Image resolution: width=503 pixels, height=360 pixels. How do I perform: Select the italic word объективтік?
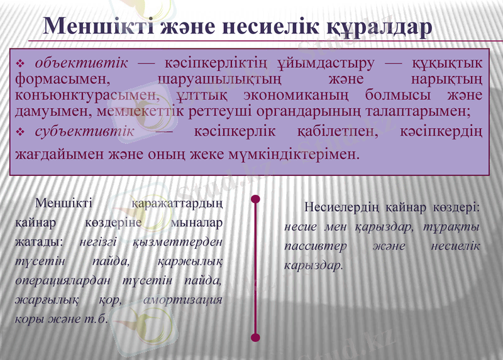(x=82, y=63)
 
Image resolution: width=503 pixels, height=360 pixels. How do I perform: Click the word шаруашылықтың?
(x=219, y=80)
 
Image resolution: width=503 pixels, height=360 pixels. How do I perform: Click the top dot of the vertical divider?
(x=255, y=200)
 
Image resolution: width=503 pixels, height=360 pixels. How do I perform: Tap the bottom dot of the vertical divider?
(x=255, y=337)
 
